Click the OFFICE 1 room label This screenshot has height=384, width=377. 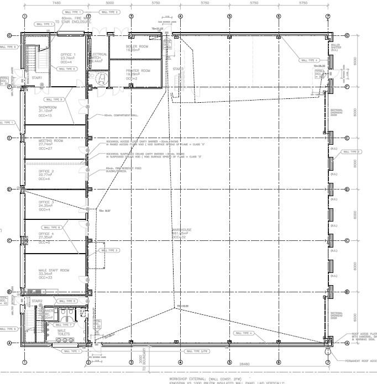68,54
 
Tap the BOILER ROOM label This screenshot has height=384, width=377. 138,46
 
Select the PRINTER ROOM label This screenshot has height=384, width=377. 138,71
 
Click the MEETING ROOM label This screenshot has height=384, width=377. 50,141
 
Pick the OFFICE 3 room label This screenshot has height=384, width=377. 46,202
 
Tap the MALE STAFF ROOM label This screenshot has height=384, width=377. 53,270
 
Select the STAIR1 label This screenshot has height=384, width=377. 37,78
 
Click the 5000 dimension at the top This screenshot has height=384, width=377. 109,2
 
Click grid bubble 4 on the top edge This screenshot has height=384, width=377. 180,15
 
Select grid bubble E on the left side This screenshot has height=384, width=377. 9,138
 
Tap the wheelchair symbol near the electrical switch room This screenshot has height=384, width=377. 101,79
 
